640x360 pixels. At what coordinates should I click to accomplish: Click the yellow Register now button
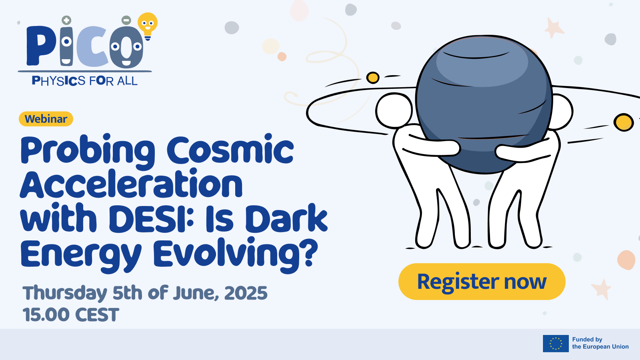482,282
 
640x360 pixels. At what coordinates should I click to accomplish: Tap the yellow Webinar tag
46,119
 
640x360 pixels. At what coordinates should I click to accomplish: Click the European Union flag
556,344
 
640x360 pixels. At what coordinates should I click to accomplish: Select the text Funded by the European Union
600,343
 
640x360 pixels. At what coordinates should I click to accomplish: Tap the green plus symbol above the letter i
66,20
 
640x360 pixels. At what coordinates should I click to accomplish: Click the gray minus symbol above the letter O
126,20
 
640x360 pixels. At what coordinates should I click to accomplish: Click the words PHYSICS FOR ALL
84,81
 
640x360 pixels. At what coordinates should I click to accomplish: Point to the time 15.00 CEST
71,314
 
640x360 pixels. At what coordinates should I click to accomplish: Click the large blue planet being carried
484,104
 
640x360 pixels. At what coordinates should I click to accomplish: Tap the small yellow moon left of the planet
373,78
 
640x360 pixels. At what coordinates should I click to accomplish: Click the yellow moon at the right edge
624,122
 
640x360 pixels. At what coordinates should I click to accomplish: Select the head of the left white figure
394,110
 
